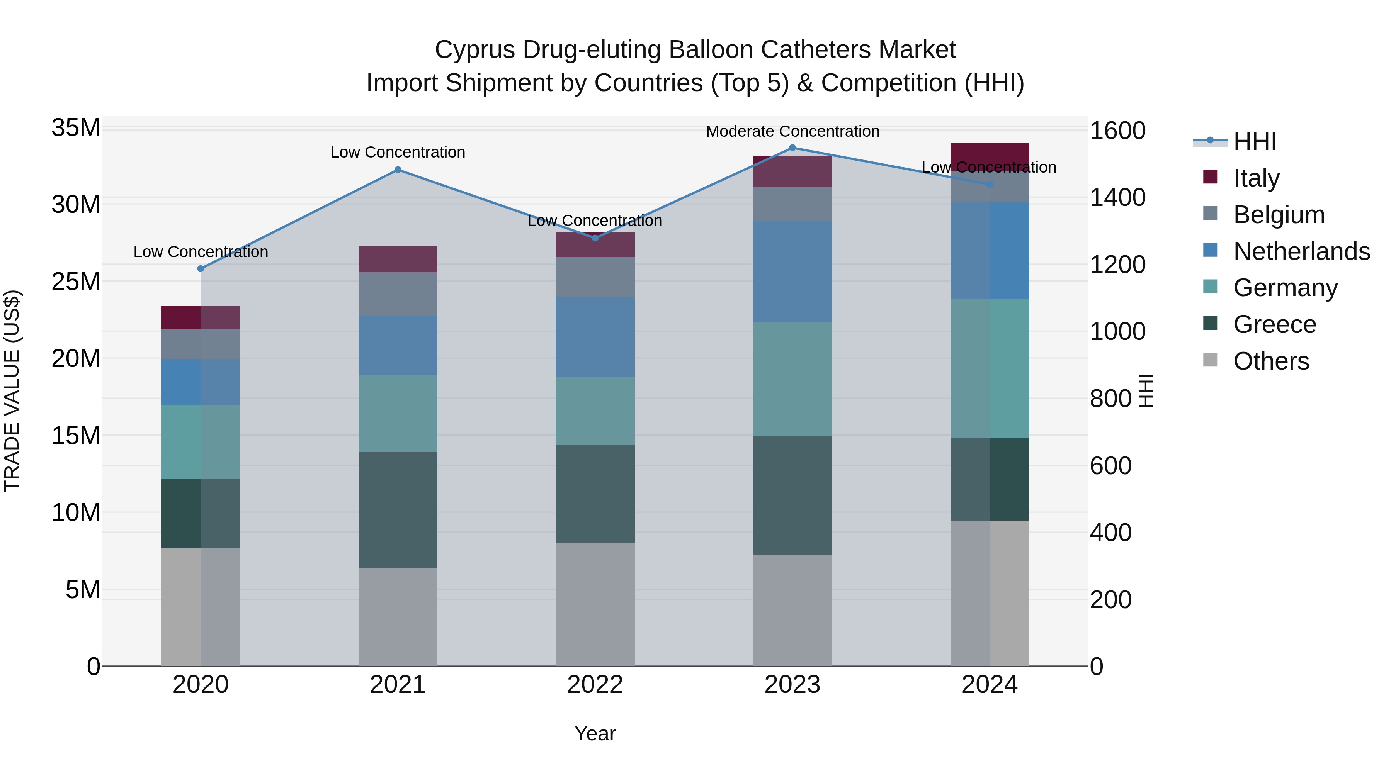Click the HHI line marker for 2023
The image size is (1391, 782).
coord(792,148)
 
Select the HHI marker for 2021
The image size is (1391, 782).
coord(398,170)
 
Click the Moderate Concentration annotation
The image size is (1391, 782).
coord(792,131)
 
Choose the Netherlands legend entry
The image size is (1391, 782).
coord(1301,251)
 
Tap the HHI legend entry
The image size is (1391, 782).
coord(1254,141)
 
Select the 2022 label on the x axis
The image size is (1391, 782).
coord(595,684)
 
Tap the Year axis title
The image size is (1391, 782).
coord(595,733)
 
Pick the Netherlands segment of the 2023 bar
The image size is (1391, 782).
coord(792,271)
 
